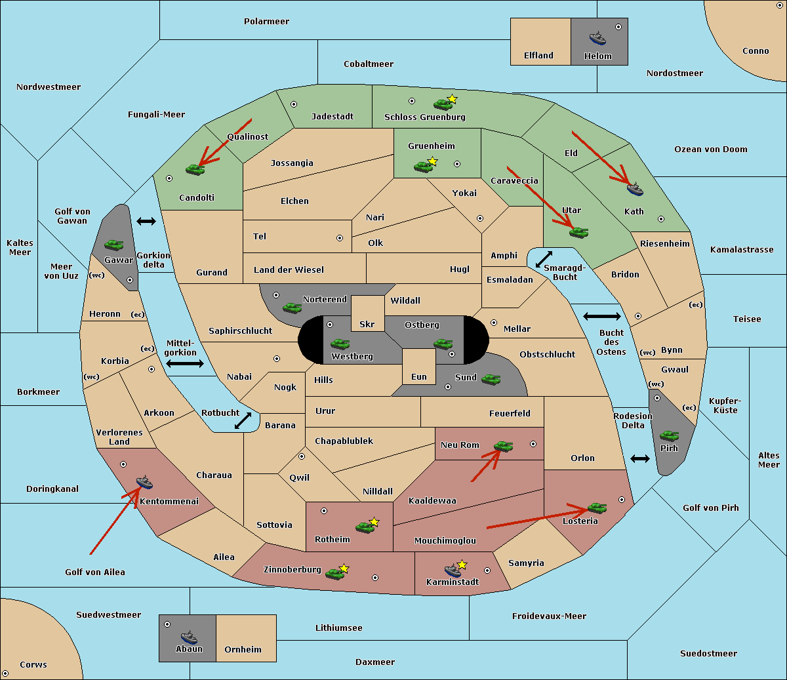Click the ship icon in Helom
coord(597,38)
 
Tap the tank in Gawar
coord(114,245)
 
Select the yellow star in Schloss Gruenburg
coord(452,99)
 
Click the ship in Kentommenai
coord(144,482)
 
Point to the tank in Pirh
coord(669,435)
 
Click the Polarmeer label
coord(266,22)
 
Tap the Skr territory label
coord(367,324)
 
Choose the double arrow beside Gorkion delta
coord(146,221)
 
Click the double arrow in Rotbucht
coord(243,420)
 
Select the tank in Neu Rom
coord(503,446)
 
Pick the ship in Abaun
coord(189,637)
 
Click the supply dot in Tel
coord(340,238)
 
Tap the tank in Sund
coord(491,380)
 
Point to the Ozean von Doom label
coord(710,150)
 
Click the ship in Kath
coord(635,190)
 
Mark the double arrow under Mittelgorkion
coord(185,363)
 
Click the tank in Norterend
coord(292,308)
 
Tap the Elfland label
coord(538,56)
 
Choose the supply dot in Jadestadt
coord(294,104)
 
